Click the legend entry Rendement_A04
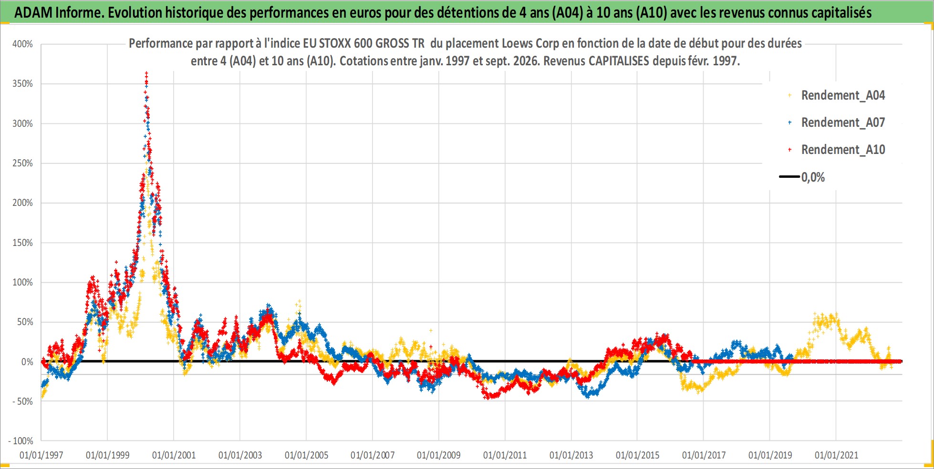(x=843, y=95)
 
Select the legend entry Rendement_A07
(x=843, y=122)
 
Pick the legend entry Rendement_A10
(x=843, y=150)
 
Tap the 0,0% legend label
(x=813, y=177)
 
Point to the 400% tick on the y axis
(x=22, y=44)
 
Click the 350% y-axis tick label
(x=22, y=84)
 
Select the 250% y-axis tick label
(x=22, y=163)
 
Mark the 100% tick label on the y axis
(x=22, y=282)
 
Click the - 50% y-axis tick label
(x=22, y=401)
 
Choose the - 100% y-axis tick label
(x=21, y=441)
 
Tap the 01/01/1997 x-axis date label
(x=42, y=455)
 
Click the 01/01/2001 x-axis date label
(x=174, y=455)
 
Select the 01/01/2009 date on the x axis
(x=439, y=455)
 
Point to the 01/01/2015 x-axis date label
(x=638, y=455)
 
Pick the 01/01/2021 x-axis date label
(x=837, y=455)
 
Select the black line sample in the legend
(x=789, y=177)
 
